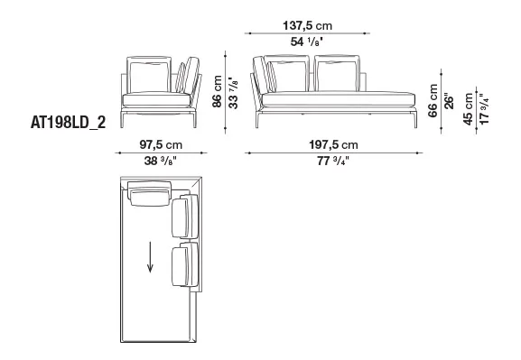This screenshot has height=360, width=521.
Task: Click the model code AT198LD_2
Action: pyautogui.click(x=68, y=123)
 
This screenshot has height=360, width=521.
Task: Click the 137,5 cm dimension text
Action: pyautogui.click(x=307, y=25)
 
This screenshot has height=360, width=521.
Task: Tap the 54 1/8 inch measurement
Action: pyautogui.click(x=307, y=42)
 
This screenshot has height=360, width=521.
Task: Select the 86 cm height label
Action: pyautogui.click(x=217, y=91)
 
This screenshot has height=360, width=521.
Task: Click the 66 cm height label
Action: pyautogui.click(x=433, y=101)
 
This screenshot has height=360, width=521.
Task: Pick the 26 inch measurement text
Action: pyautogui.click(x=449, y=103)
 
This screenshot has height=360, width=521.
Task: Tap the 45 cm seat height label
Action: pyautogui.click(x=468, y=109)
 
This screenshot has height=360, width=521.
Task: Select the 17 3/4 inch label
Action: pyautogui.click(x=485, y=109)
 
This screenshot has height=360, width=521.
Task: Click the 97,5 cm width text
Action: pyautogui.click(x=161, y=144)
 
